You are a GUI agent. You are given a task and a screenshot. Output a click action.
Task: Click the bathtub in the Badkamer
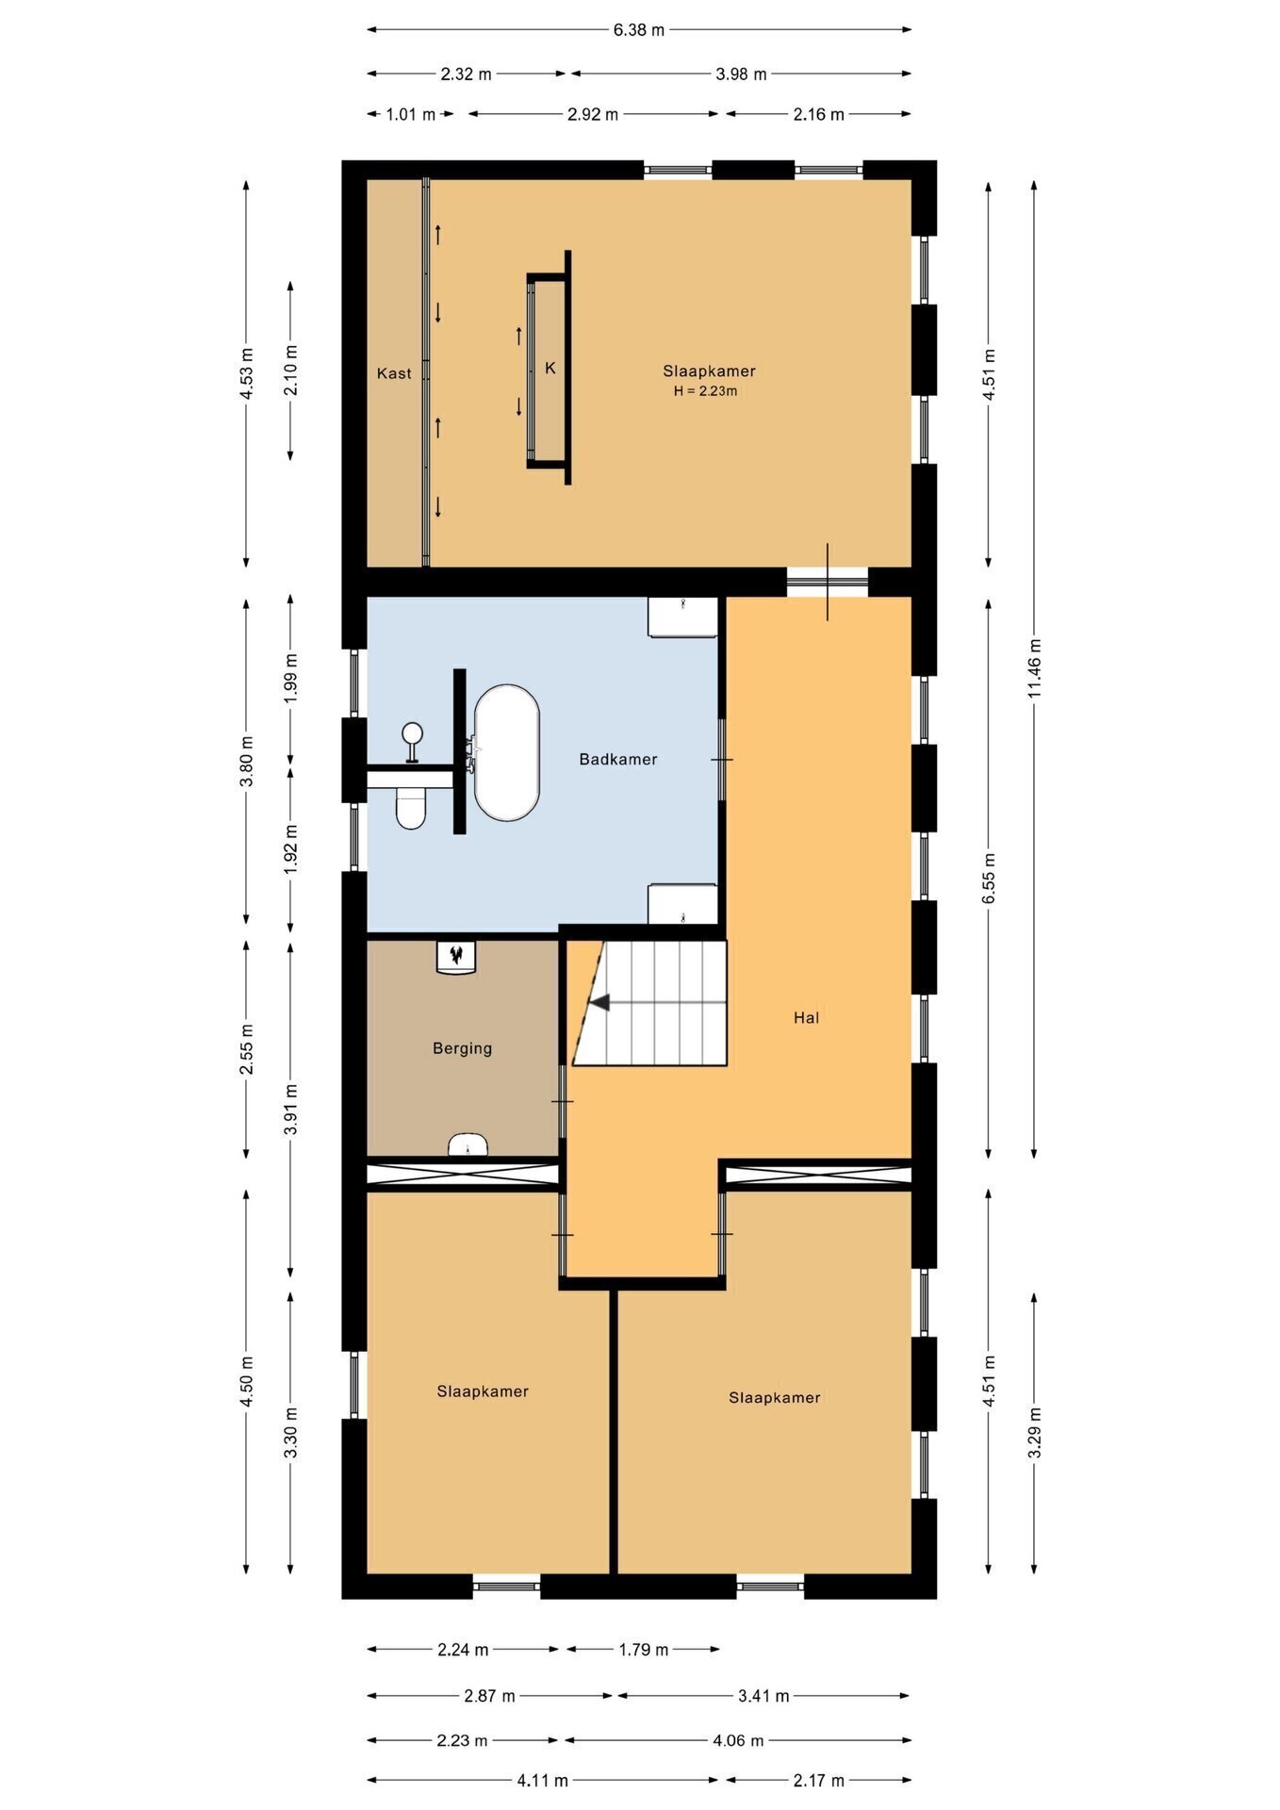(507, 752)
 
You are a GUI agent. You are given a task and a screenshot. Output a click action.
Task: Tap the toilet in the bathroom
(411, 808)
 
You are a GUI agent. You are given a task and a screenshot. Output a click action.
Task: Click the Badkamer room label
(618, 759)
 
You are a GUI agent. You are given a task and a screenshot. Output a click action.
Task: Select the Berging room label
(462, 1048)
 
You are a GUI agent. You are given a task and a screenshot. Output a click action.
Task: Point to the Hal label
(806, 1017)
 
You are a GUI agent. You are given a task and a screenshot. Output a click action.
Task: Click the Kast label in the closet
(394, 373)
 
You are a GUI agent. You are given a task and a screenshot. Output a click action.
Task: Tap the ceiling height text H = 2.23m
(705, 391)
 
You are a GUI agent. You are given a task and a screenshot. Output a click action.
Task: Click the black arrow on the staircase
(599, 1002)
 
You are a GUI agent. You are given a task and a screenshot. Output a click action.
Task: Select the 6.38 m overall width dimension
(639, 30)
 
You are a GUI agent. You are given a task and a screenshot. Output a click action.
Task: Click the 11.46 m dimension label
(1035, 668)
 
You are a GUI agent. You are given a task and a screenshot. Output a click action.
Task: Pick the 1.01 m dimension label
(411, 115)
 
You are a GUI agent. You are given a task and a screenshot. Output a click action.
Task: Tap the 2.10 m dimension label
(290, 370)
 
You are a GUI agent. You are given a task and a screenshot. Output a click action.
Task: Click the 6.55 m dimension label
(989, 879)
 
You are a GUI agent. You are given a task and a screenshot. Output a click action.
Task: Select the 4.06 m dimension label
(738, 1740)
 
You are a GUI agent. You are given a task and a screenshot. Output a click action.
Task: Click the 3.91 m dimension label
(290, 1110)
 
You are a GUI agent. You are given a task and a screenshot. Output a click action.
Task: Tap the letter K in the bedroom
(550, 368)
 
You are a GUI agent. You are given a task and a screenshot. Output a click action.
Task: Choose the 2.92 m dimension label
(593, 115)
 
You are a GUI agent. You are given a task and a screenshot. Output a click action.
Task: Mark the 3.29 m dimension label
(1035, 1433)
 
